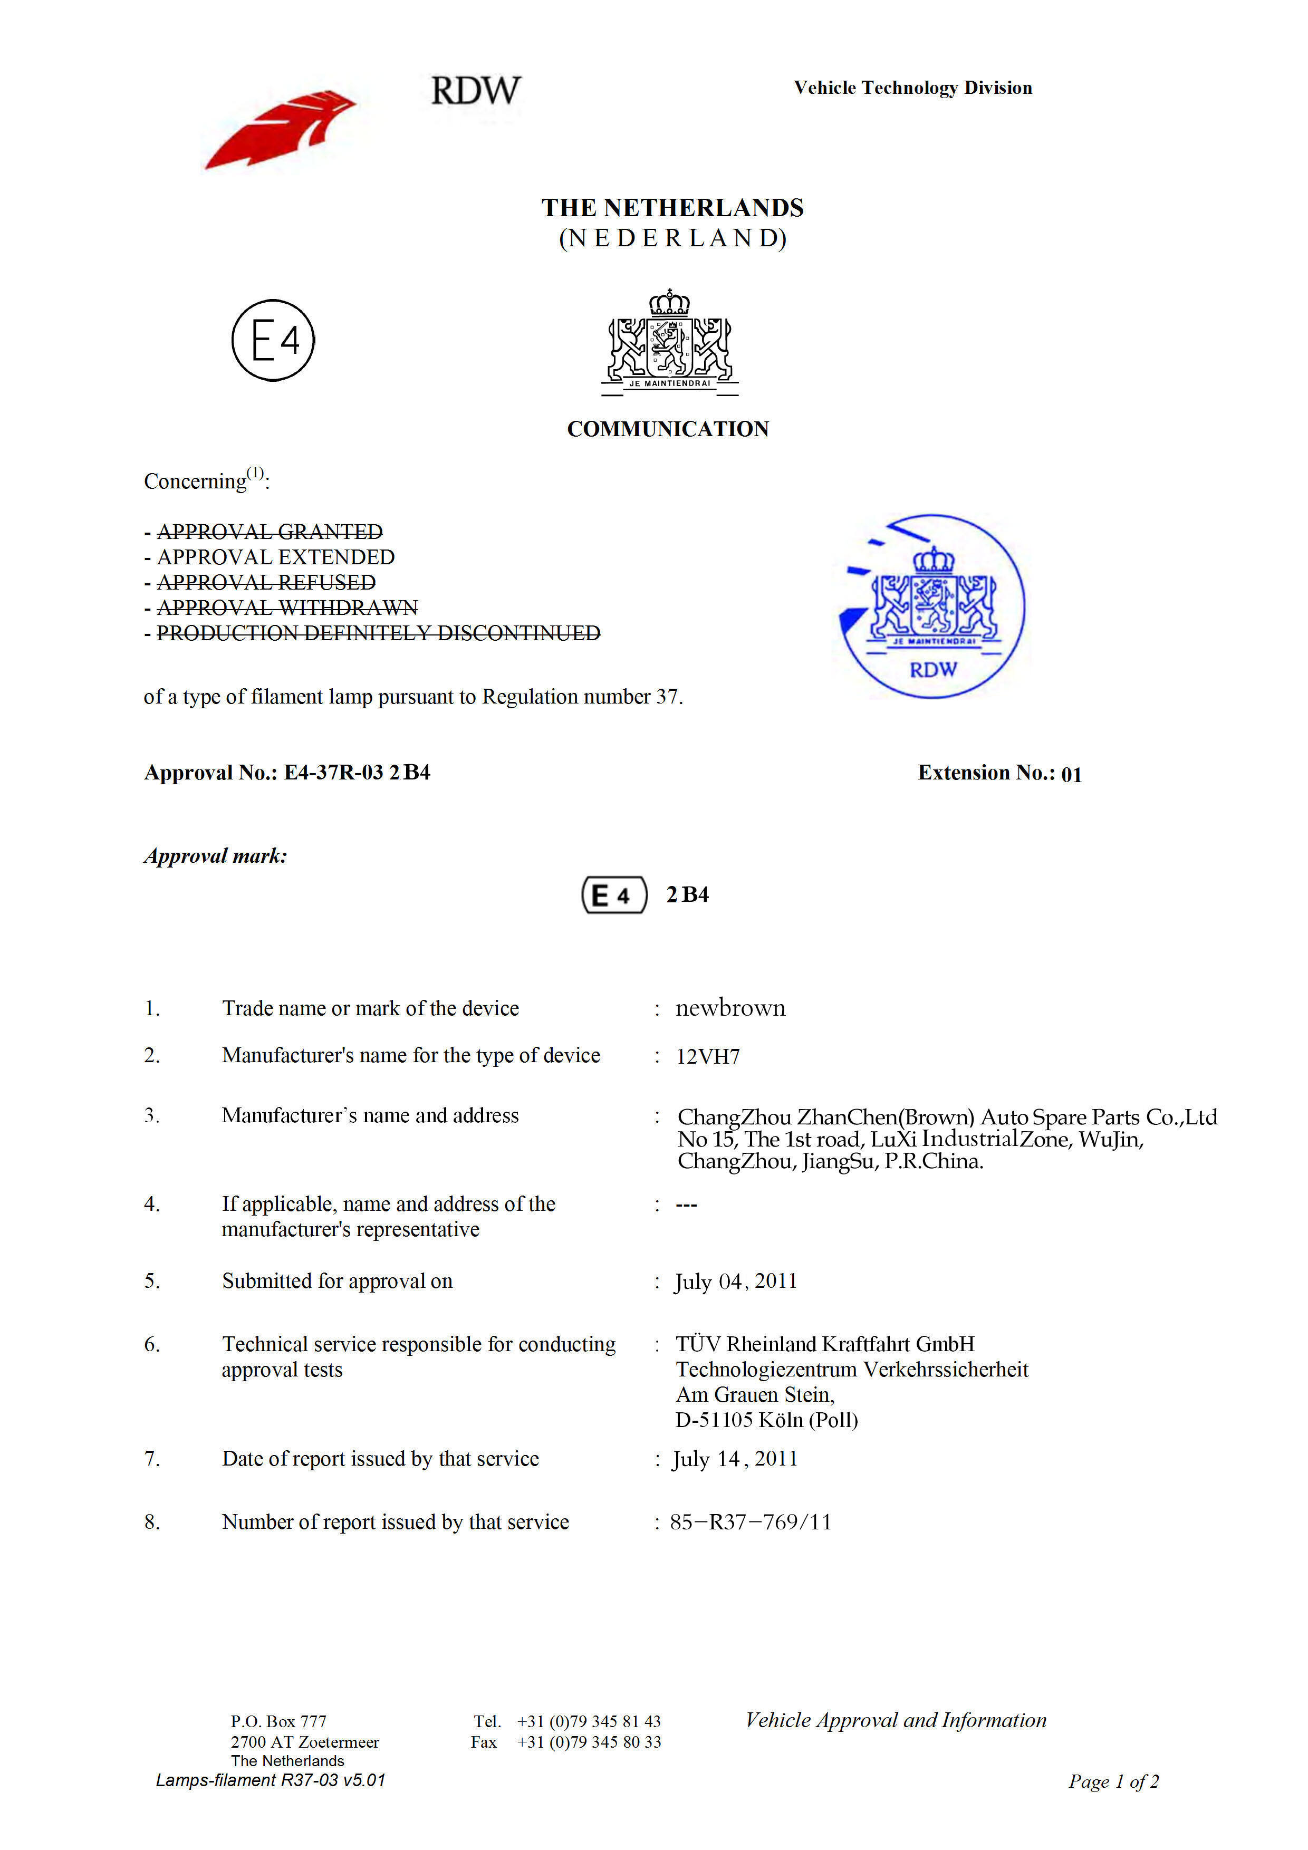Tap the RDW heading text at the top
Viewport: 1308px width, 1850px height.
[476, 90]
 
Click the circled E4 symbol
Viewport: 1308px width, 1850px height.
[273, 340]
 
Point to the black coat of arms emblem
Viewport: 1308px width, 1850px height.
[670, 342]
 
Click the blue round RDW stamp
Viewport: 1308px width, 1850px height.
[932, 606]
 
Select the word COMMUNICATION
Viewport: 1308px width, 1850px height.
[668, 429]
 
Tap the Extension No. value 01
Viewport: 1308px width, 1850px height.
[1071, 774]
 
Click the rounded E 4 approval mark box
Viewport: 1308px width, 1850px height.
[614, 895]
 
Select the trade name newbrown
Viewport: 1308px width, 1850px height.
[730, 1008]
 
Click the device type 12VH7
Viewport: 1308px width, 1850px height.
[708, 1056]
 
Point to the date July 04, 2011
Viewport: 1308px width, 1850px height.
[736, 1281]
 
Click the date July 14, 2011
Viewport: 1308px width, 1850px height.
[735, 1458]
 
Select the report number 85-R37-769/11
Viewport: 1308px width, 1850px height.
[751, 1522]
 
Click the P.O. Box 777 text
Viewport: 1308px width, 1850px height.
[279, 1721]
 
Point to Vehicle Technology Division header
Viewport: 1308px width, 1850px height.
[912, 88]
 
